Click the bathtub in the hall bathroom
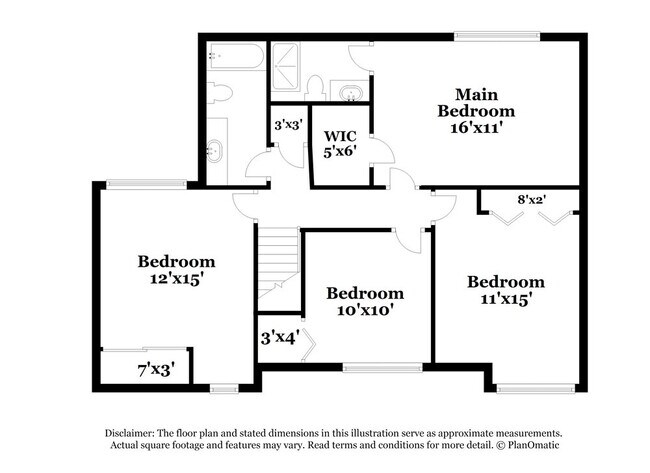click(x=237, y=56)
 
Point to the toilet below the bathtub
click(x=222, y=93)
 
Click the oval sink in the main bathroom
click(x=351, y=93)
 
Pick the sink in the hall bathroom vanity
click(x=215, y=152)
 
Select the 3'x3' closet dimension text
click(x=290, y=127)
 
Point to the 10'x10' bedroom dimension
click(x=365, y=310)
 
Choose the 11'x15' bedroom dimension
click(x=506, y=298)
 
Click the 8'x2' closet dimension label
click(x=531, y=200)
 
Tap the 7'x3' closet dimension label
click(x=155, y=370)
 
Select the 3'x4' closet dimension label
click(x=280, y=339)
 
